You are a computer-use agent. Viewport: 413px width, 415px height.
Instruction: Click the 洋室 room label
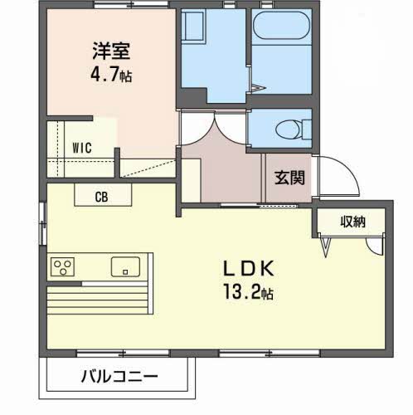(111, 51)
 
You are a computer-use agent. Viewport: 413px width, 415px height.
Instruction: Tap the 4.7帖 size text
(111, 74)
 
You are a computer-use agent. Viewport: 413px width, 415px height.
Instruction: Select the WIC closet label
(82, 148)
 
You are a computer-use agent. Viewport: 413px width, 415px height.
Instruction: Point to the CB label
(101, 197)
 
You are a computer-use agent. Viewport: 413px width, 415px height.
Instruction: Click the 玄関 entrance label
(289, 178)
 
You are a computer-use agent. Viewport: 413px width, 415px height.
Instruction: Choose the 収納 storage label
(352, 222)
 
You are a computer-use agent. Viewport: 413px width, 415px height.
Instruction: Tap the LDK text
(249, 268)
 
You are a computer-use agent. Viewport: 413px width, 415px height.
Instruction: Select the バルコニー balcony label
(119, 376)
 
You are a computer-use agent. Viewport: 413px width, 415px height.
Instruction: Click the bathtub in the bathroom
(282, 26)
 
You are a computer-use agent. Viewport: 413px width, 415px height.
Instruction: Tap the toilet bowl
(289, 129)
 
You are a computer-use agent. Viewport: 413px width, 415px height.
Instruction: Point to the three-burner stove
(62, 266)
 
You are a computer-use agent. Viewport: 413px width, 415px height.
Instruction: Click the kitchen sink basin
(125, 266)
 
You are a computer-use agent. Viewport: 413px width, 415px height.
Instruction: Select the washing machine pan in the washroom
(193, 27)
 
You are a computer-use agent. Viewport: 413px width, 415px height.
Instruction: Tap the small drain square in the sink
(125, 272)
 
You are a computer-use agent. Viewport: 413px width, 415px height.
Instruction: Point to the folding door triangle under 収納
(326, 247)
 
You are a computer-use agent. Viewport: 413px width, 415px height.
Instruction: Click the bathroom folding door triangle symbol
(259, 88)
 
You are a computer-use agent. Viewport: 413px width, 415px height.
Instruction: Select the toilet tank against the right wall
(307, 129)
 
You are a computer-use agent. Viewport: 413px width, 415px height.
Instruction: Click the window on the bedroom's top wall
(131, 4)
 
